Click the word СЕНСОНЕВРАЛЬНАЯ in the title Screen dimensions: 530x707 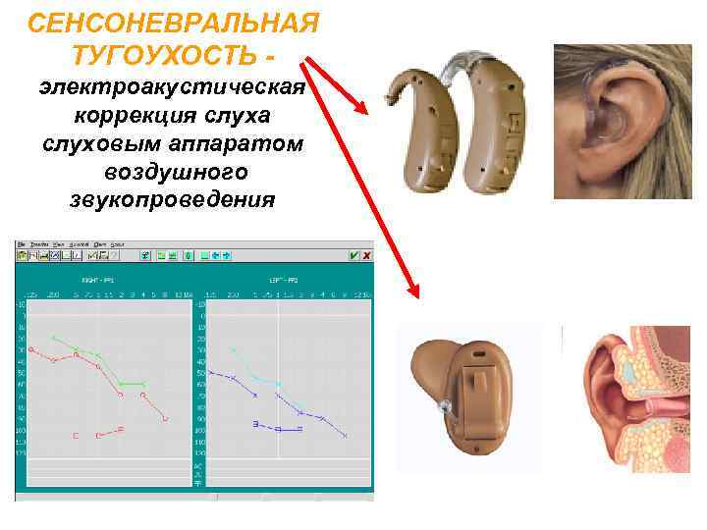pyautogui.click(x=173, y=23)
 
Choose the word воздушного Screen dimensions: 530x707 pyautogui.click(x=173, y=173)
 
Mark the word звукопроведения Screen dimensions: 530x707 pyautogui.click(x=173, y=200)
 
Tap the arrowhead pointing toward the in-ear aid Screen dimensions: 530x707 pyautogui.click(x=413, y=291)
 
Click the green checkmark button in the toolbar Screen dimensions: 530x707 pyautogui.click(x=353, y=255)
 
